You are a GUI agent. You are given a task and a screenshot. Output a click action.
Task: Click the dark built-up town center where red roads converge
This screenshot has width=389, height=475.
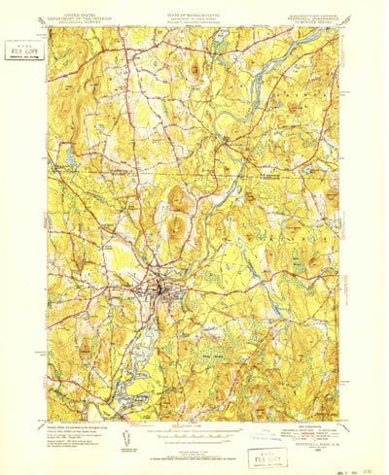click(157, 288)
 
